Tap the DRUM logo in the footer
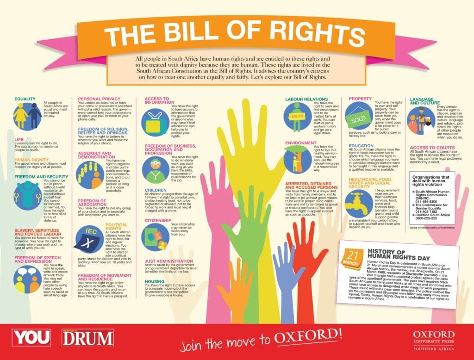pos(87,337)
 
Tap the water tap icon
pos(359,202)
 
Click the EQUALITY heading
pos(25,99)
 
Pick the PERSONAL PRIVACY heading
pos(99,99)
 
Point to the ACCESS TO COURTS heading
pos(431,147)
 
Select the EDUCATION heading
pos(361,145)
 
